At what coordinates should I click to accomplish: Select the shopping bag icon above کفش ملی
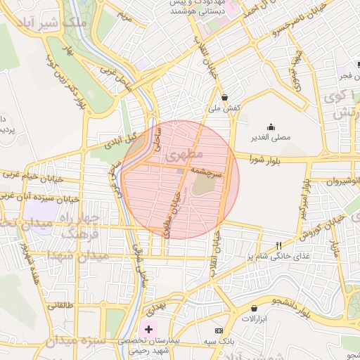224,97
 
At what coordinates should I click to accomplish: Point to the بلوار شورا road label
264,160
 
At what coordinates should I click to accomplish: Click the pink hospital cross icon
148,328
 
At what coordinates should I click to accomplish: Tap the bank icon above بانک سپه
219,330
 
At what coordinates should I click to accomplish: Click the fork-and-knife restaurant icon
279,245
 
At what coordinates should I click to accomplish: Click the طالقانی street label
61,306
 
